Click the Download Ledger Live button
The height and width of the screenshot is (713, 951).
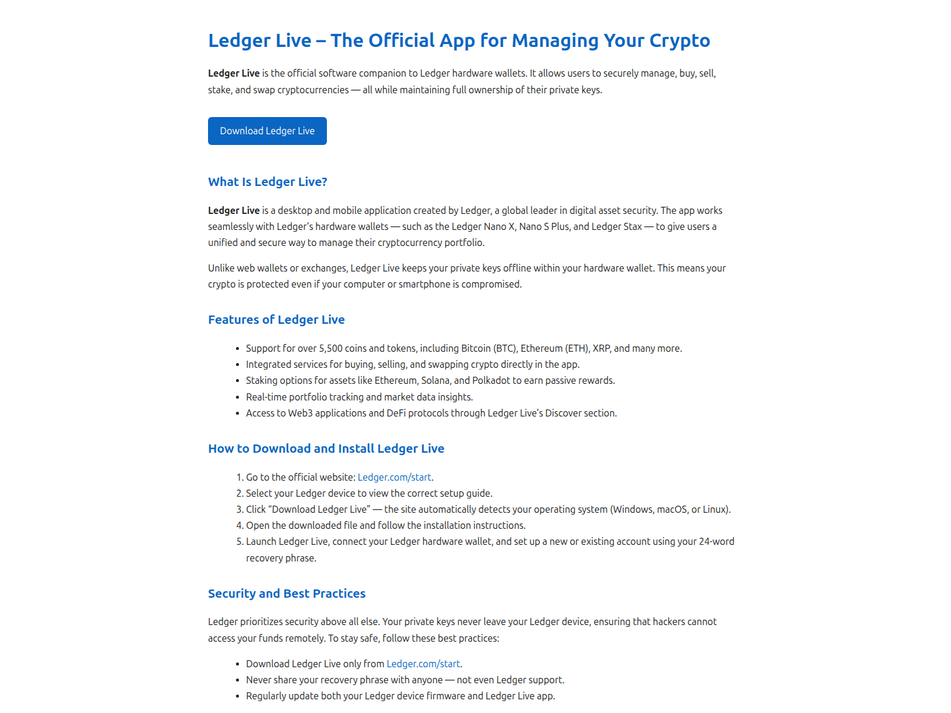267,131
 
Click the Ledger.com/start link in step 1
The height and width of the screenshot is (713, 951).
395,477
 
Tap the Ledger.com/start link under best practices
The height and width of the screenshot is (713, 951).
423,664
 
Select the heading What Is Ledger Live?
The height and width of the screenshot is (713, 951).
267,182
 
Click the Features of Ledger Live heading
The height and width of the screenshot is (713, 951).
276,320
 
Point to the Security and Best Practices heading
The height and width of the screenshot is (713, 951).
286,594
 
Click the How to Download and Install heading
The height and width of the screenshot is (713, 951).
326,449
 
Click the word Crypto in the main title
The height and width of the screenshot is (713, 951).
679,40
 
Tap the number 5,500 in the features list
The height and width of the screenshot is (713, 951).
331,348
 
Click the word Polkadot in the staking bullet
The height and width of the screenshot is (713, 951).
491,380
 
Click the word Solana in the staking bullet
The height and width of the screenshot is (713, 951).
437,380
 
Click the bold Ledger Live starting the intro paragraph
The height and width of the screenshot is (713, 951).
234,73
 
